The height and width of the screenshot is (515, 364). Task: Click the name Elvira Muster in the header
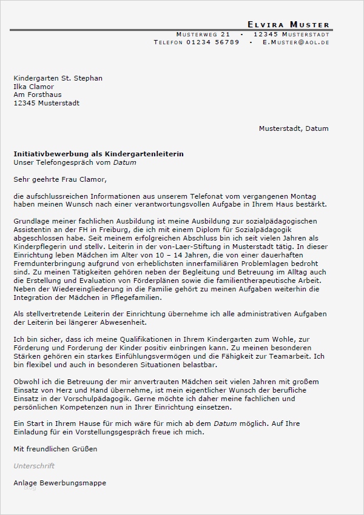pyautogui.click(x=288, y=24)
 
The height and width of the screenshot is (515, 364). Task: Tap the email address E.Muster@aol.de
pyautogui.click(x=295, y=43)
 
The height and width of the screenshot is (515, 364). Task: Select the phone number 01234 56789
pyautogui.click(x=213, y=43)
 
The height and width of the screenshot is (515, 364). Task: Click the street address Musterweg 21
pyautogui.click(x=203, y=34)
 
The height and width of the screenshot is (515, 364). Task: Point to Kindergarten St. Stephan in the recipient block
pyautogui.click(x=58, y=78)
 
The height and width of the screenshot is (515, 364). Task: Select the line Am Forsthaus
pyautogui.click(x=37, y=95)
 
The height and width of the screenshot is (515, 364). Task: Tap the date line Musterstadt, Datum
pyautogui.click(x=294, y=128)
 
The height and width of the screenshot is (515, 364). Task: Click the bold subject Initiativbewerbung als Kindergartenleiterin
pyautogui.click(x=98, y=154)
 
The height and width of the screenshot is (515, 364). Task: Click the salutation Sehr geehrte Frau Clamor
pyautogui.click(x=59, y=179)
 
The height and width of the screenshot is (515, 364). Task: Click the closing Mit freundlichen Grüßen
pyautogui.click(x=55, y=449)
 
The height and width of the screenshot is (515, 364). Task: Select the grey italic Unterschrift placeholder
pyautogui.click(x=34, y=466)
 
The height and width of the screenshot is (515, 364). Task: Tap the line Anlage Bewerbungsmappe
pyautogui.click(x=59, y=483)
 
